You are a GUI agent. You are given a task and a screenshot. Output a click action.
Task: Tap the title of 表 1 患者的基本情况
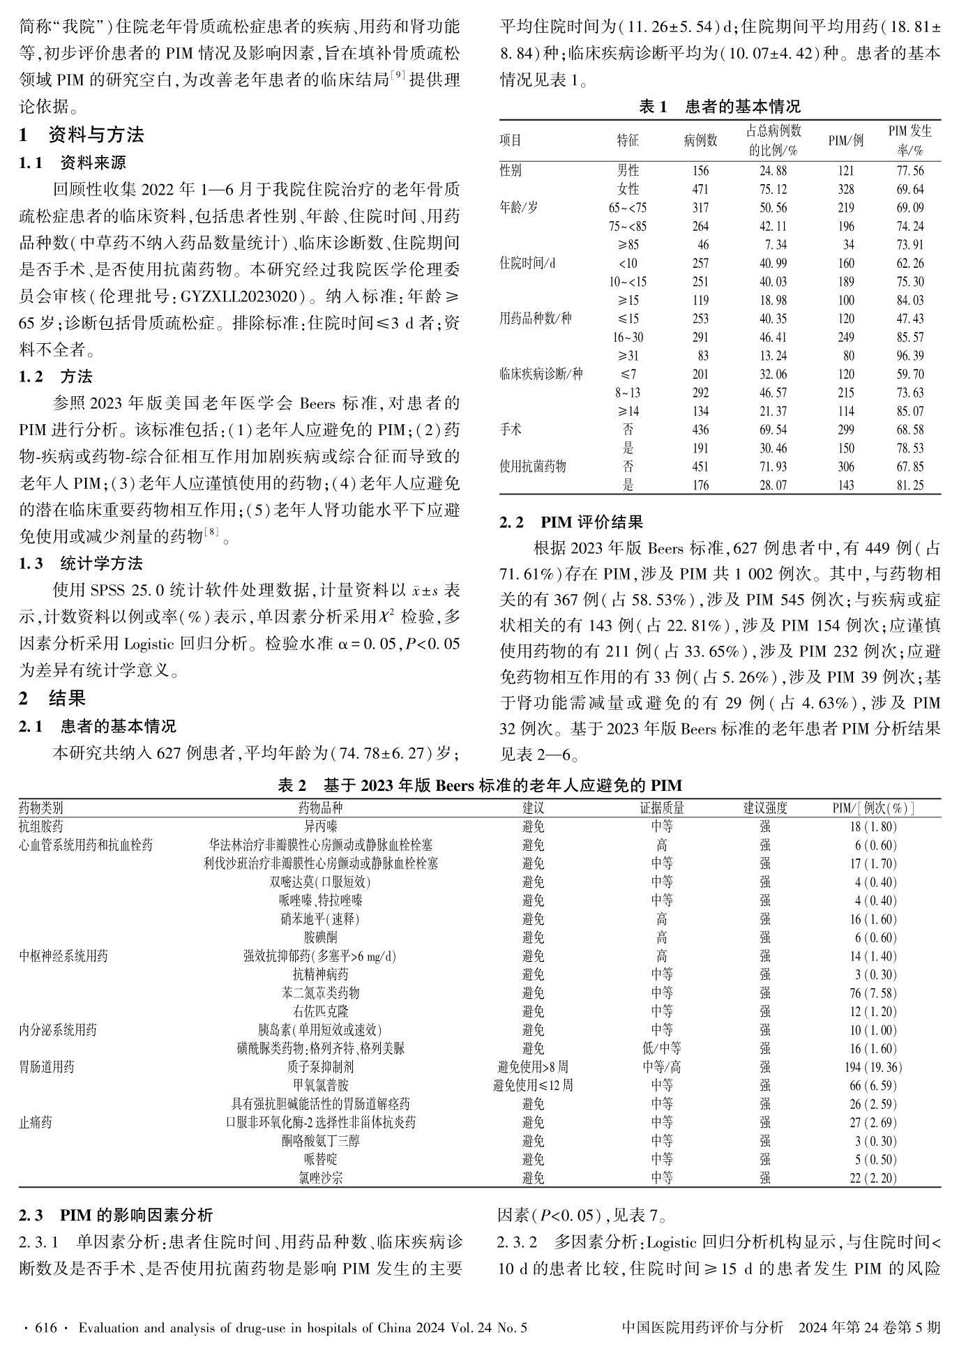pyautogui.click(x=720, y=107)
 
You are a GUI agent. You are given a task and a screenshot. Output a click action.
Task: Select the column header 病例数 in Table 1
pyautogui.click(x=700, y=140)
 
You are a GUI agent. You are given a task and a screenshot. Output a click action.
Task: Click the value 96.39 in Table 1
pyautogui.click(x=909, y=356)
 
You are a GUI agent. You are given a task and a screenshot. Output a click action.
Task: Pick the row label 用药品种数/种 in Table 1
pyautogui.click(x=536, y=319)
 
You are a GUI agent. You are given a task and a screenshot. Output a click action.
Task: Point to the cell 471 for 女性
pyautogui.click(x=700, y=189)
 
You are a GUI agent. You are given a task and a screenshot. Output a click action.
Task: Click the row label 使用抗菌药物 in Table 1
pyautogui.click(x=533, y=467)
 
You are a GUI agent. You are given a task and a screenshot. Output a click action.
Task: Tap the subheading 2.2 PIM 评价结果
pyautogui.click(x=571, y=522)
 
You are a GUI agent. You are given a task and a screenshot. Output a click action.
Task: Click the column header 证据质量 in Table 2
pyautogui.click(x=661, y=808)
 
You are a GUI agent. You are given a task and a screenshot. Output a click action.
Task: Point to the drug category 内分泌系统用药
pyautogui.click(x=58, y=1030)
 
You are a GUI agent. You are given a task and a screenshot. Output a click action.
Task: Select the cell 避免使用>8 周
pyautogui.click(x=533, y=1067)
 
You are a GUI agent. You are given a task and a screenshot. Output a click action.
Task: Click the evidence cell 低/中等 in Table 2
pyautogui.click(x=661, y=1048)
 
